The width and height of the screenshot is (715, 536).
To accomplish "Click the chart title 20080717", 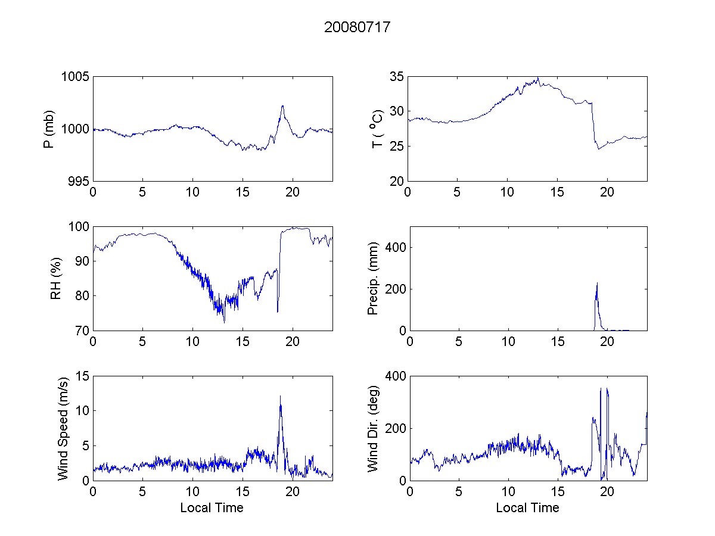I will (x=357, y=27).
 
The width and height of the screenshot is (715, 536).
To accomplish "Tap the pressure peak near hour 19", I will (x=282, y=106).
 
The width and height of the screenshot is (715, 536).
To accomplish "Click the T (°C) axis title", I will (x=377, y=129).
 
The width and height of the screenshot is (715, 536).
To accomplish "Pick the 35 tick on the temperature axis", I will (x=397, y=77).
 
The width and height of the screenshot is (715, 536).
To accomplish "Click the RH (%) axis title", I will (x=56, y=279).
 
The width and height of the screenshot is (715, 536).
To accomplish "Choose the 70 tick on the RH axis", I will (x=82, y=331).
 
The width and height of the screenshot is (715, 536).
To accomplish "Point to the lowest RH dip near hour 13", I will (x=225, y=323).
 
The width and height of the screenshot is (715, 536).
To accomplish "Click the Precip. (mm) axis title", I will (x=374, y=279).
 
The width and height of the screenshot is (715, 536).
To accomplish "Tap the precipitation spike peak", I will (x=597, y=283).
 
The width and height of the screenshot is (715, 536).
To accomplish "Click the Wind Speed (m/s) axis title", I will (x=63, y=428).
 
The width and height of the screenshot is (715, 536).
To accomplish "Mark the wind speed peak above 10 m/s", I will (x=280, y=396).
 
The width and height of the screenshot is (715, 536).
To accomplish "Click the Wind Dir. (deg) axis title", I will (x=374, y=428).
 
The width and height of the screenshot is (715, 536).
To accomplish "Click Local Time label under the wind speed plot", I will (x=212, y=508).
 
